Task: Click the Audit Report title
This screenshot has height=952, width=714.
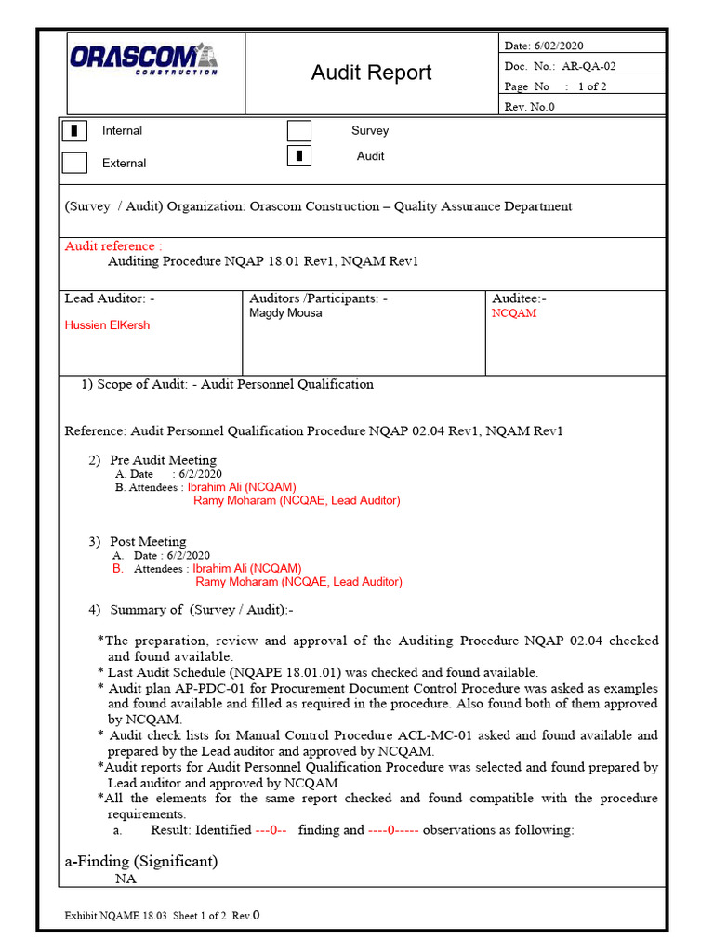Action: [x=371, y=73]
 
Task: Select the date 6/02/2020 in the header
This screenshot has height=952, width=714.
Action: [x=557, y=46]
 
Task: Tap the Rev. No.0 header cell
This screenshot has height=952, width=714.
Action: [x=529, y=106]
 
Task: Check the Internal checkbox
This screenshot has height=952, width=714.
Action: [x=74, y=131]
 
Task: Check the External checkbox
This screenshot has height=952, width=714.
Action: [x=74, y=163]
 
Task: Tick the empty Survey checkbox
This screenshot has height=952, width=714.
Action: [x=299, y=131]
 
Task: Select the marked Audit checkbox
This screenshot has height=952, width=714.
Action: [x=299, y=156]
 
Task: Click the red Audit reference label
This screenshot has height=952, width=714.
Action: [x=112, y=246]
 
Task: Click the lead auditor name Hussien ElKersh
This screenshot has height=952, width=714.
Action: [x=107, y=325]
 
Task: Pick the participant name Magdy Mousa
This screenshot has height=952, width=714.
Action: [x=285, y=313]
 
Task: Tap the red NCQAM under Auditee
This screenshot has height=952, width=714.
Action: [x=514, y=313]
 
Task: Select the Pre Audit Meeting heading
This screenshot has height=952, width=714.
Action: [x=163, y=460]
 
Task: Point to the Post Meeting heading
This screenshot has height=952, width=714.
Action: [x=148, y=541]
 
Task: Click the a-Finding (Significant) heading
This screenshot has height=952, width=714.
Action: [x=141, y=861]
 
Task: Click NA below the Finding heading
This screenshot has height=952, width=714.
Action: [x=125, y=879]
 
